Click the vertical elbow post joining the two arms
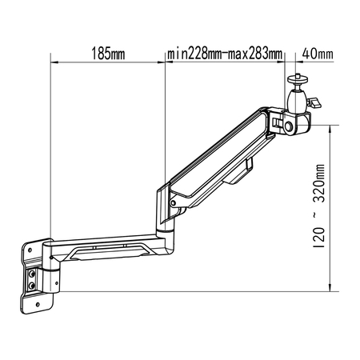click(x=167, y=228)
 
